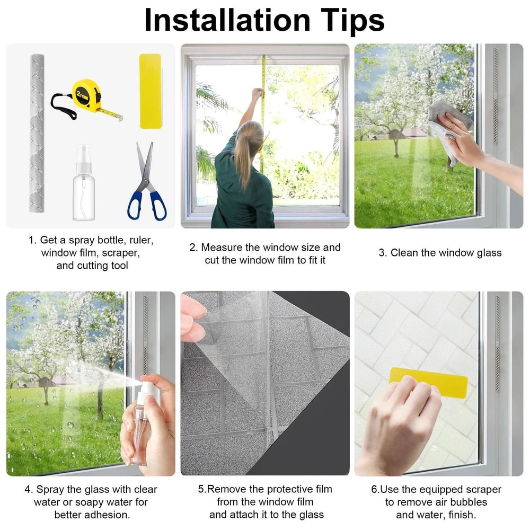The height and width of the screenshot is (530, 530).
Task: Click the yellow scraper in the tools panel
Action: click(150, 91)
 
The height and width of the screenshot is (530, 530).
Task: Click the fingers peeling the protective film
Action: click(192, 318)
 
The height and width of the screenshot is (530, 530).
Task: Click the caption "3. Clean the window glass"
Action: click(439, 253)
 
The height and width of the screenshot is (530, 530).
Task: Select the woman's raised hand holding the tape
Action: click(257, 94)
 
